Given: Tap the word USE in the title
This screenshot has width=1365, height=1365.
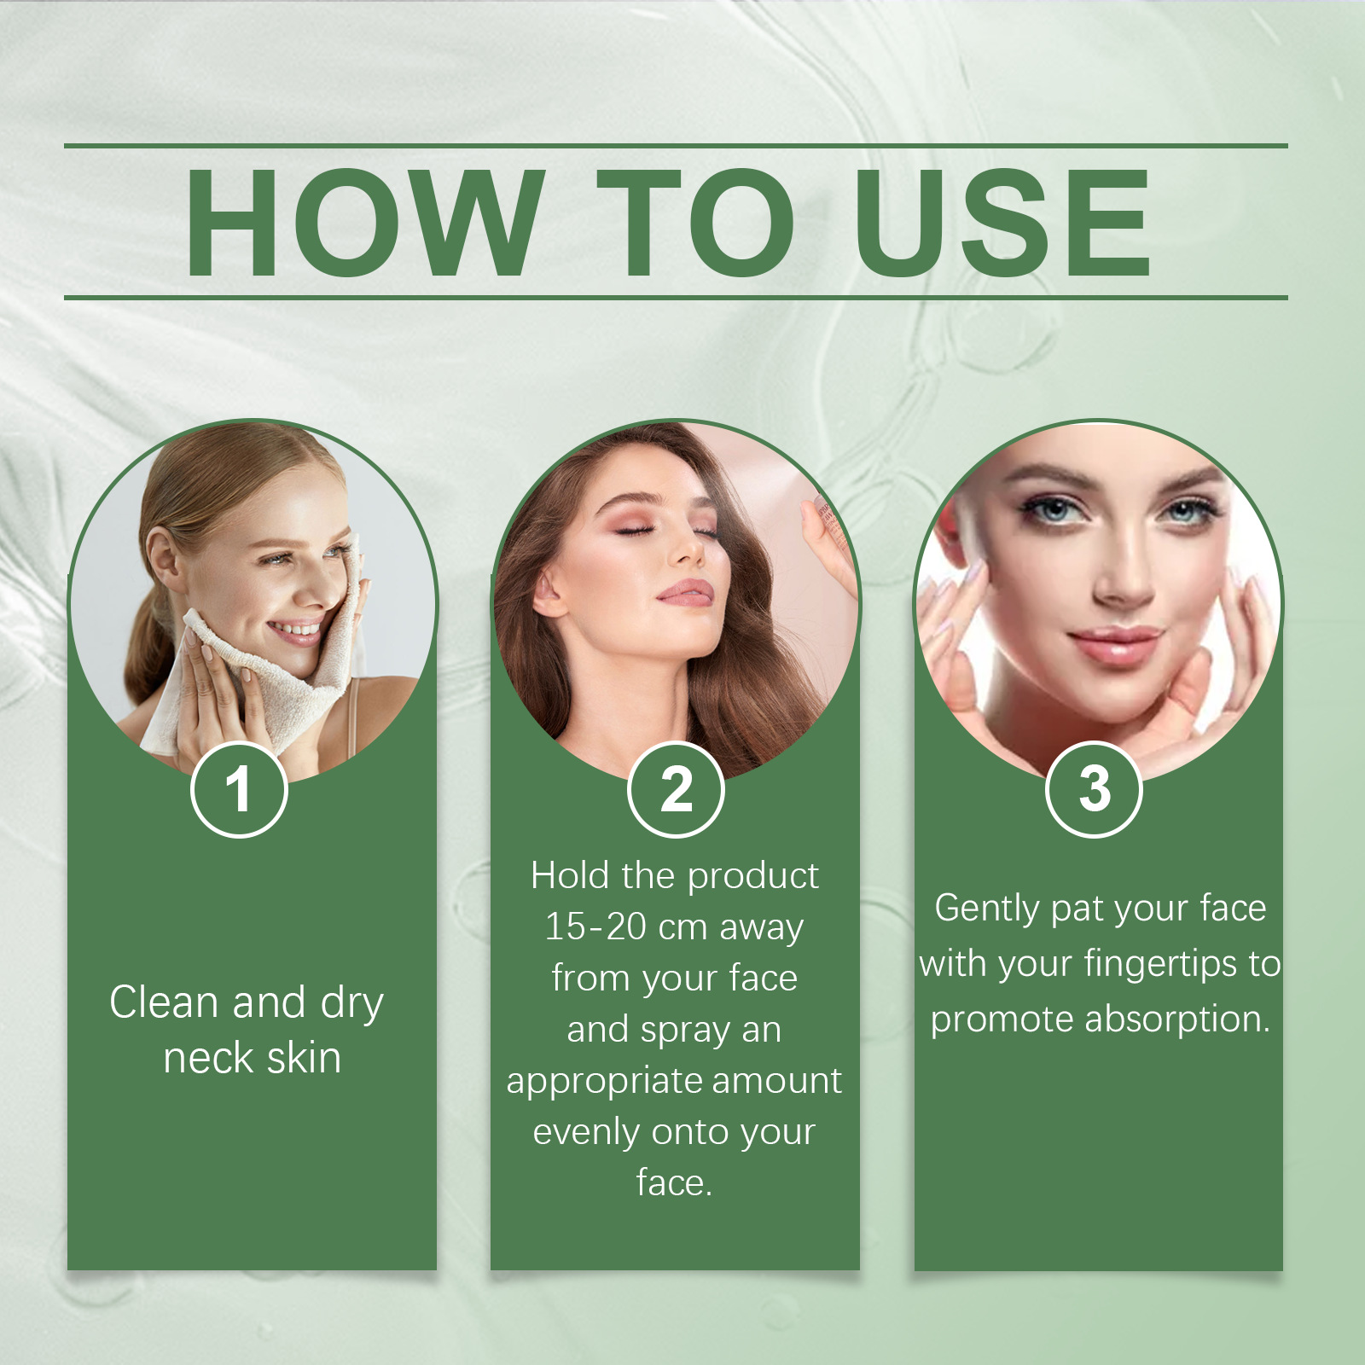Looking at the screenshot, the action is (x=1003, y=224).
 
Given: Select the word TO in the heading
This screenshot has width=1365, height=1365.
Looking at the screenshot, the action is (x=695, y=224).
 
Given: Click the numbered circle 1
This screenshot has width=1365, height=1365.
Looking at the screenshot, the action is (x=239, y=789).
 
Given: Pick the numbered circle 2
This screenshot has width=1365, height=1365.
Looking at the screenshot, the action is (x=676, y=789).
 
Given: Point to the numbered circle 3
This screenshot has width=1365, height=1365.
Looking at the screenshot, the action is (x=1094, y=789).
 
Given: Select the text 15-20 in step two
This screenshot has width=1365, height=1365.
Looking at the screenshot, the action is (x=595, y=926).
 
